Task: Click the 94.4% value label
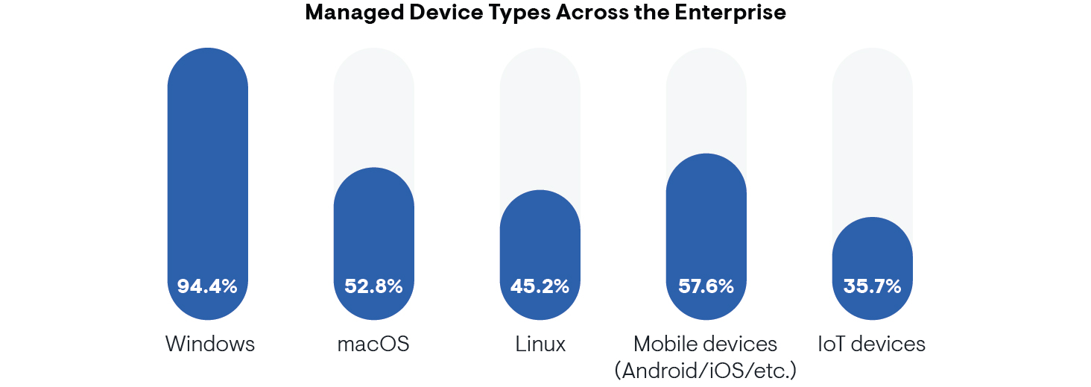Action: tap(207, 286)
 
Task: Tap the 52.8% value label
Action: tap(373, 286)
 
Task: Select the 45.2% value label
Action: tap(540, 286)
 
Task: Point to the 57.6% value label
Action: tap(706, 286)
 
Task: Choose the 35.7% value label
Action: tap(872, 286)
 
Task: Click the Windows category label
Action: tap(210, 344)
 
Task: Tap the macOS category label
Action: tap(373, 344)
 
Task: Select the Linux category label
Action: tap(540, 344)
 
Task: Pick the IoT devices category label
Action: tap(871, 344)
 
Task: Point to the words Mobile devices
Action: tap(706, 344)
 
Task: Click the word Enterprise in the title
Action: tap(736, 13)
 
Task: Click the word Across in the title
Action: tap(582, 13)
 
